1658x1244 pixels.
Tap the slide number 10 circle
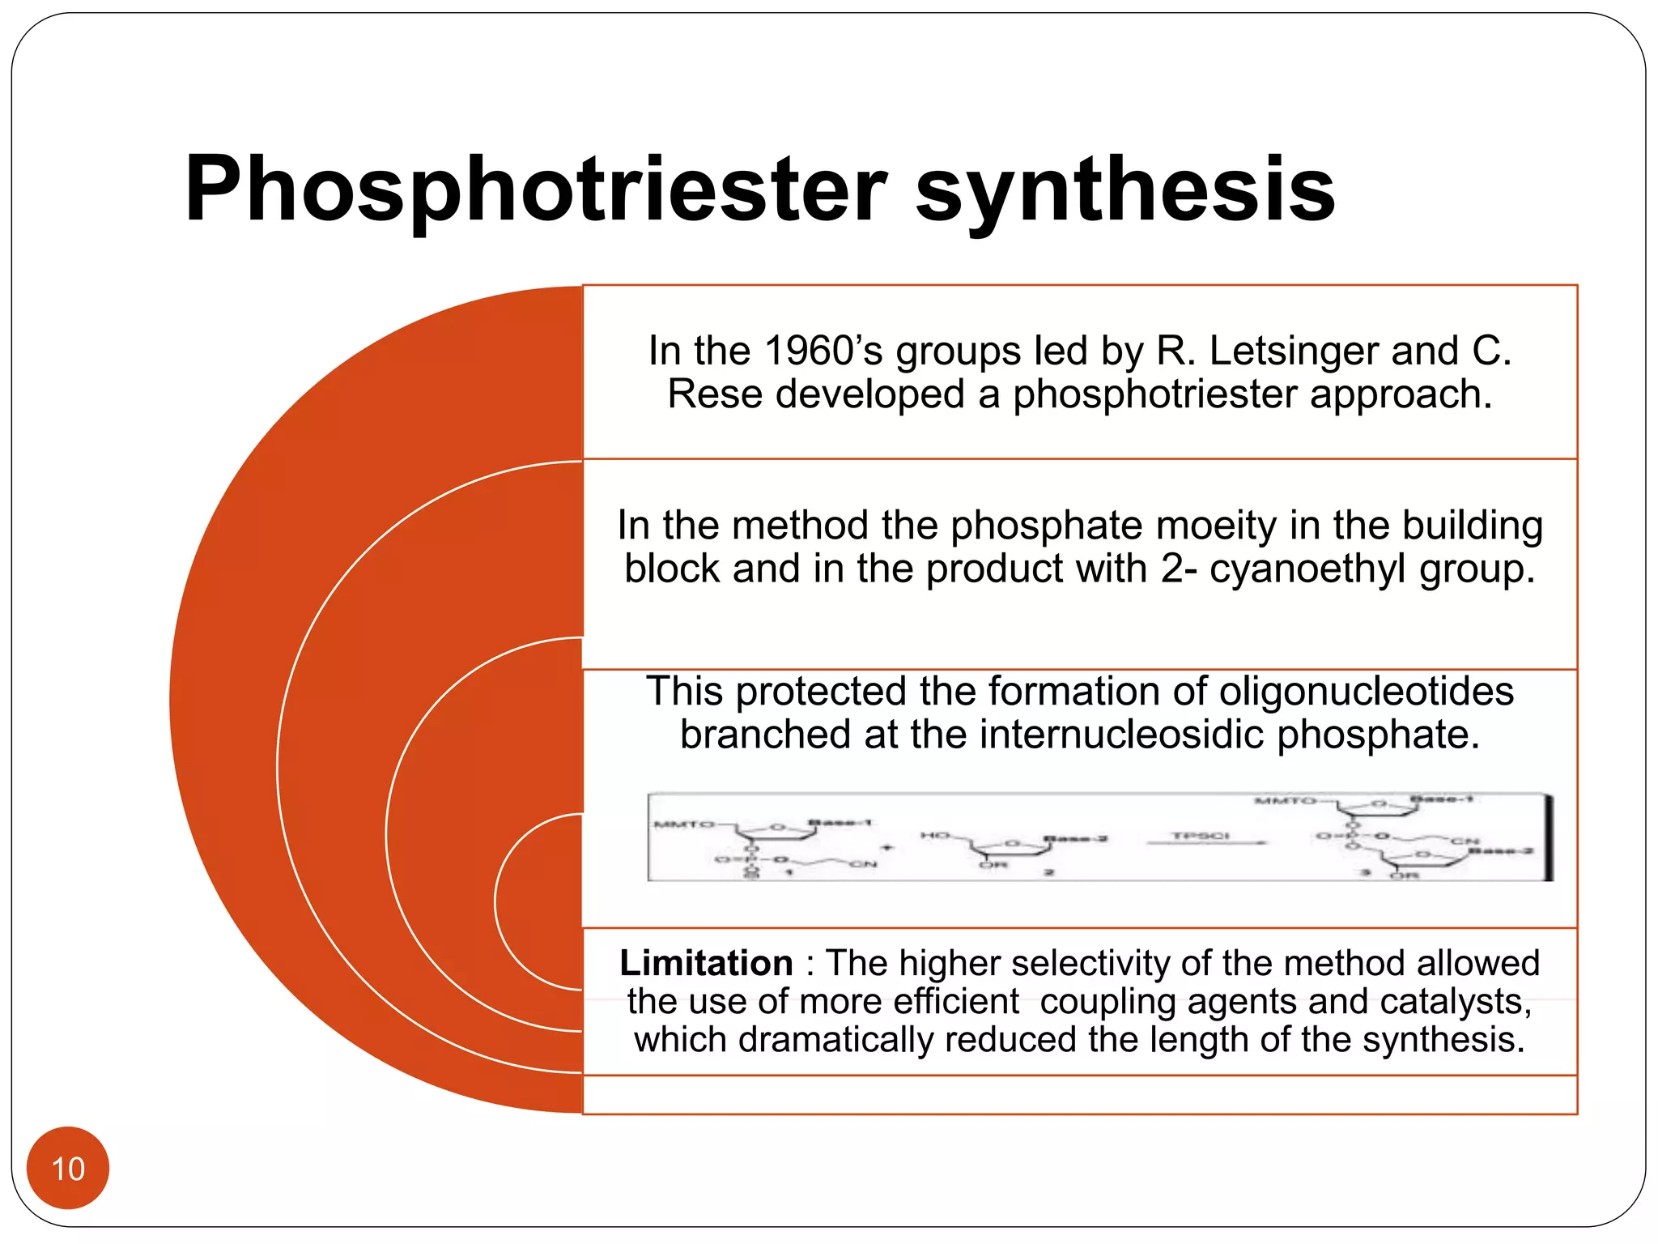68,1169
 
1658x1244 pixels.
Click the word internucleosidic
1121,735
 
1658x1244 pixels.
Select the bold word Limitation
706,964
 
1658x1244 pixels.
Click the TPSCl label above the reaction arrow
1201,835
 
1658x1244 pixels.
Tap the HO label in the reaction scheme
935,835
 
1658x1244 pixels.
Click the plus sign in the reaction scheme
886,848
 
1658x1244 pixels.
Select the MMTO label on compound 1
683,824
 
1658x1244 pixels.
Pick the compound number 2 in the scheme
1048,872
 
